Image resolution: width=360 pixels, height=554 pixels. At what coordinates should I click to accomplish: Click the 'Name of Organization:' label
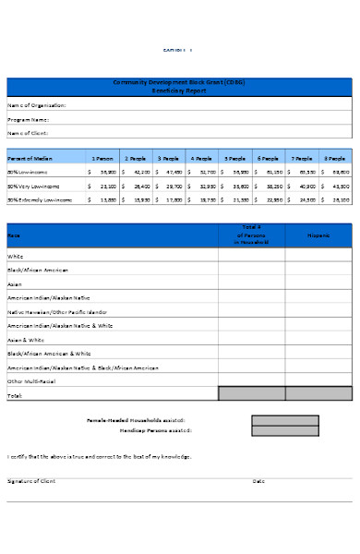[x=37, y=105]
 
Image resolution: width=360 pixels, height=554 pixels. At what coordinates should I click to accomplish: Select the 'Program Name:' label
[x=29, y=119]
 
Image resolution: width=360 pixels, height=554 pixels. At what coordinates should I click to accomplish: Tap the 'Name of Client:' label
[x=29, y=133]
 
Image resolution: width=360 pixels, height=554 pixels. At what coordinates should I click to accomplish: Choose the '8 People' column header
[x=335, y=158]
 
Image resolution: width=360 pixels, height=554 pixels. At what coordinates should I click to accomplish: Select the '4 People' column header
[x=201, y=158]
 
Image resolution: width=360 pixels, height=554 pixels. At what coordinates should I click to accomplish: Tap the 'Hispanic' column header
[x=318, y=235]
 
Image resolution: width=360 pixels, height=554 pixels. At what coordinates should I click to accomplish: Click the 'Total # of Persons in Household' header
[x=251, y=235]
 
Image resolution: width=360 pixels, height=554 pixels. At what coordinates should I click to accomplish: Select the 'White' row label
[x=16, y=257]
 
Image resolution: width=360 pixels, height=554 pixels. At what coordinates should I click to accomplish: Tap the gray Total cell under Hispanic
[x=318, y=394]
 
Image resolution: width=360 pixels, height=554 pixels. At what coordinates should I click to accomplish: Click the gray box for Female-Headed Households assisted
[x=284, y=420]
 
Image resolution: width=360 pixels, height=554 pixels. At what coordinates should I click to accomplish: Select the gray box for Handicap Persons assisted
[x=284, y=431]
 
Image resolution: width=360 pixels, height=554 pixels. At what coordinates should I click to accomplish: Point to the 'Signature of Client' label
[x=31, y=481]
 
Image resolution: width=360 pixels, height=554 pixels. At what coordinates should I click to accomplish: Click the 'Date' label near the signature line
[x=258, y=481]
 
